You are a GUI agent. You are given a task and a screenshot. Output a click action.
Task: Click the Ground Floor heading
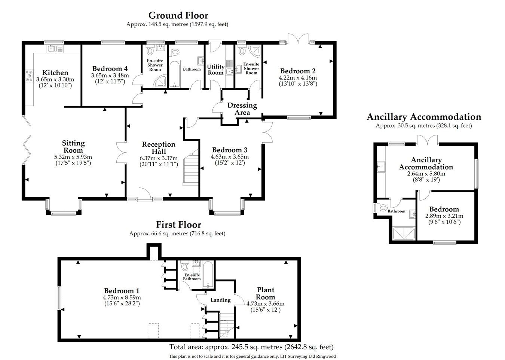[178, 15]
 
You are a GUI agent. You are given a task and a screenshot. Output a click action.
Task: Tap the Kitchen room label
[55, 73]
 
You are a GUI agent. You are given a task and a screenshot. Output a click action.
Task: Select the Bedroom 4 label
[110, 68]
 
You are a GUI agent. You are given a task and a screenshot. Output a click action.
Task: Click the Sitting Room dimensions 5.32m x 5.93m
[73, 157]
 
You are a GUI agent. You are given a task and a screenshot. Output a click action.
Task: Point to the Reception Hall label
[159, 148]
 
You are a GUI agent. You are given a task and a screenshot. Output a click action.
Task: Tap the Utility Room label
[216, 70]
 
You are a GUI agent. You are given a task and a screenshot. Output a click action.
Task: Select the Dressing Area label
[242, 109]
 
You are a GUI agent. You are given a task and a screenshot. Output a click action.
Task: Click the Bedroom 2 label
[298, 71]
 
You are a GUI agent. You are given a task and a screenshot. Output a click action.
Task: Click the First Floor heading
[178, 225]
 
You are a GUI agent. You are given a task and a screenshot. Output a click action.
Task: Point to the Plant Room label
[266, 293]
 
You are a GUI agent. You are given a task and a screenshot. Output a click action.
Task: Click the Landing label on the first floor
[220, 300]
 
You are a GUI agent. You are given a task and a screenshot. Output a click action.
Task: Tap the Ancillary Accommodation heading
[424, 117]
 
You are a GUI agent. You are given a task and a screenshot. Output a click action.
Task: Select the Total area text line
[251, 347]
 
